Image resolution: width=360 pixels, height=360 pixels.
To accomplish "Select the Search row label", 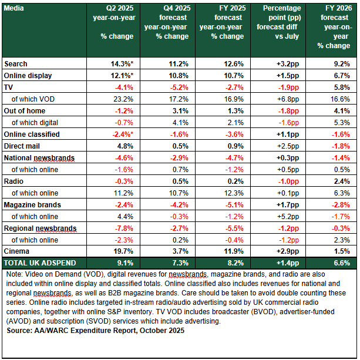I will click(16, 63).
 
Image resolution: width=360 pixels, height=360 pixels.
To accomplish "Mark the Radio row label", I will click(15, 181).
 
